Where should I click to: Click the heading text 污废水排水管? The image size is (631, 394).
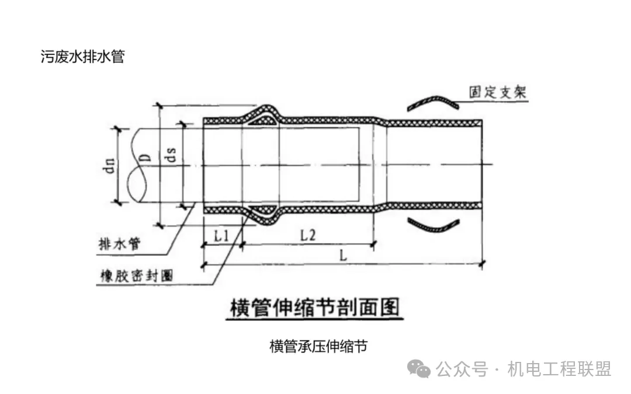point(82,56)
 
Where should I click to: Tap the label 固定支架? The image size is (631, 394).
point(497,92)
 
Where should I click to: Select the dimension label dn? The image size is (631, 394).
point(109,165)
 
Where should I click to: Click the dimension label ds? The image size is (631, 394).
point(171,154)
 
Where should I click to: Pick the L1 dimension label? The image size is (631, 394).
point(221,236)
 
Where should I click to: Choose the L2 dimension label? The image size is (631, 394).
point(308,235)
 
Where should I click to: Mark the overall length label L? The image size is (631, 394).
point(343,255)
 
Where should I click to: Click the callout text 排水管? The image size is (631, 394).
point(120,243)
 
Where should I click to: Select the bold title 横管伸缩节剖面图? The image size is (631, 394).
point(315,308)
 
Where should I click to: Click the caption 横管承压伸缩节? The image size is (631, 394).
point(318,346)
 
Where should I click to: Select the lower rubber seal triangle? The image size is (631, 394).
point(262,210)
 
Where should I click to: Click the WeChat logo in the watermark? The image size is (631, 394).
point(419,369)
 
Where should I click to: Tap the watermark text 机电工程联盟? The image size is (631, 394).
point(560,369)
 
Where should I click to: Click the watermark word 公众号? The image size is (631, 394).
point(462,369)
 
